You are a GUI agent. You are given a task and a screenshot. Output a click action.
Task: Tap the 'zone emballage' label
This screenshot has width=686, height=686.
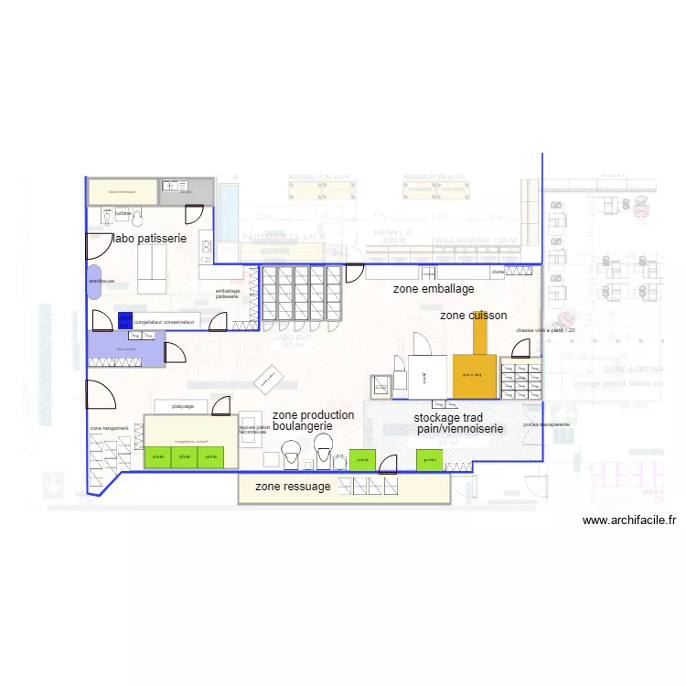pos(434,289)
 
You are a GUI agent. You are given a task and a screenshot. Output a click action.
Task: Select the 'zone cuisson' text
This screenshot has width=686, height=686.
pos(473,316)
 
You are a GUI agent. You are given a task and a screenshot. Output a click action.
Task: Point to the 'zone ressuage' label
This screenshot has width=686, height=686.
pos(293,487)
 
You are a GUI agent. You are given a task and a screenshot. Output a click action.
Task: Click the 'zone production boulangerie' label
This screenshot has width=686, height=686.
pos(313,421)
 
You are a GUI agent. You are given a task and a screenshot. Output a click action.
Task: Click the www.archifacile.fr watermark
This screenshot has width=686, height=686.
pos(629,520)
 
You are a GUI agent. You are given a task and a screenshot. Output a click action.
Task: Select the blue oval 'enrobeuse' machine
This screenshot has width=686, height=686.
pos(95,281)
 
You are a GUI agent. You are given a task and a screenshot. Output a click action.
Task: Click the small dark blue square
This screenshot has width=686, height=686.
pos(124,321)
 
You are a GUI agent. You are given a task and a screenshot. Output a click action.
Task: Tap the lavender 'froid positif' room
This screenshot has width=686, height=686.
pos(126,348)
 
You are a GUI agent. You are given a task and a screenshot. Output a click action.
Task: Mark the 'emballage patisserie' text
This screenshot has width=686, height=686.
pos(227,293)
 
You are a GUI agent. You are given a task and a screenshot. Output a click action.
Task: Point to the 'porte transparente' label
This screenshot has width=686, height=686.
pos(547,424)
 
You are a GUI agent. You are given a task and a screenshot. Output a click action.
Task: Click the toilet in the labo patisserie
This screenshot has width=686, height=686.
pos(137,217)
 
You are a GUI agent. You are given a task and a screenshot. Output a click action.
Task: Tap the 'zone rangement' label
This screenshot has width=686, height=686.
pos(109,428)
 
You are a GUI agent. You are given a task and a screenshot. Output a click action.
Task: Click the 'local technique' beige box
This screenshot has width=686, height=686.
pos(123,192)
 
